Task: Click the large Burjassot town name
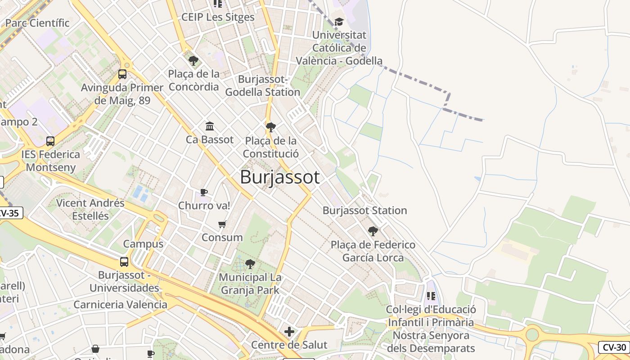(x=279, y=177)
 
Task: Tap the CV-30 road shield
(x=614, y=347)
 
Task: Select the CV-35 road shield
(x=9, y=213)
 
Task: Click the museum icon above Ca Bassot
(x=210, y=126)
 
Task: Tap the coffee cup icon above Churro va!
(x=204, y=193)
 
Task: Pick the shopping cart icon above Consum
(x=222, y=224)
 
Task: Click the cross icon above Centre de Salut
(x=289, y=332)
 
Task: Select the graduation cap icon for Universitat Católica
(x=339, y=22)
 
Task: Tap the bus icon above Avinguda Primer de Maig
(x=122, y=74)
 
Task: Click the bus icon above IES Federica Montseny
(x=50, y=141)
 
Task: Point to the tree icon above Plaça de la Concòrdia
(x=193, y=60)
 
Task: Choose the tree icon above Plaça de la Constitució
(x=270, y=127)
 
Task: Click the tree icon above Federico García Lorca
(x=373, y=231)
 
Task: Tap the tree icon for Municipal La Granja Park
(x=250, y=264)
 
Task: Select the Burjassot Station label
(x=364, y=210)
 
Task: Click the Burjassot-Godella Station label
(x=262, y=85)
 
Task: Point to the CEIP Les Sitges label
(x=218, y=17)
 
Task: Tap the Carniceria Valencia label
(x=120, y=305)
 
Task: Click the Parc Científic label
(x=37, y=22)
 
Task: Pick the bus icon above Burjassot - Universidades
(x=124, y=261)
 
